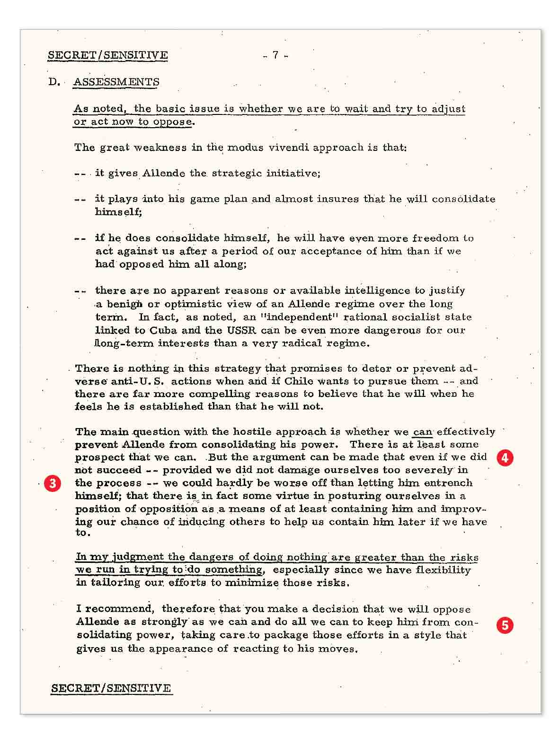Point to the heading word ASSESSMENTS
116,82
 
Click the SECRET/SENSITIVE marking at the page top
107,55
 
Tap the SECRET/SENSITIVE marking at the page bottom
111,688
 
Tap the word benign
126,304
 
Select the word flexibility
442,570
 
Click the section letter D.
53,82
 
